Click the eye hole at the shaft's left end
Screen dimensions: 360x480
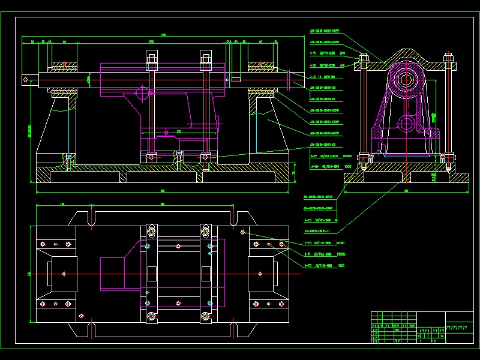click(x=26, y=77)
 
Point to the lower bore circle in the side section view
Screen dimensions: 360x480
click(x=406, y=125)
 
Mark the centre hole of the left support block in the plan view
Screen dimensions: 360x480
click(x=64, y=274)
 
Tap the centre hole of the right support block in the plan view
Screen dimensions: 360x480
click(x=259, y=274)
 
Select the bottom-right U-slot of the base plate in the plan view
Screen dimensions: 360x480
click(x=235, y=329)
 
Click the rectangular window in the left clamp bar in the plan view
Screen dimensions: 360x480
click(x=151, y=274)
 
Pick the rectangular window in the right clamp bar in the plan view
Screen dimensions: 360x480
click(x=206, y=274)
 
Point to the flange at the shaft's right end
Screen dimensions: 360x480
click(x=289, y=78)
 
